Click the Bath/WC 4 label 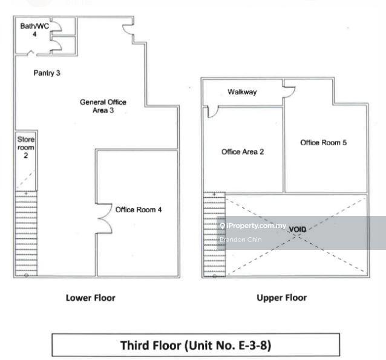click(x=34, y=30)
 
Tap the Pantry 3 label click(x=47, y=73)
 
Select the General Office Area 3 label click(x=103, y=106)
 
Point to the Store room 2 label click(x=26, y=147)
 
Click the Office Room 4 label click(x=139, y=209)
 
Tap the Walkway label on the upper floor click(x=242, y=92)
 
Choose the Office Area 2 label click(x=243, y=152)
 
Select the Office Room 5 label click(x=323, y=142)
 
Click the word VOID click(x=298, y=229)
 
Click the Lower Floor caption click(x=90, y=298)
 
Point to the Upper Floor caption click(x=281, y=298)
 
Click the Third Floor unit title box click(x=195, y=345)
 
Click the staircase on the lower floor click(x=26, y=233)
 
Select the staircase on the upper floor click(x=214, y=234)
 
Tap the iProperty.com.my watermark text click(x=254, y=226)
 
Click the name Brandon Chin click(x=241, y=240)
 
